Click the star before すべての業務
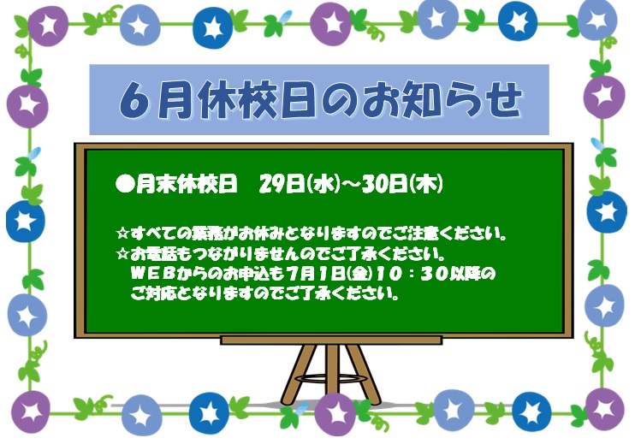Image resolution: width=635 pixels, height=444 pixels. click(122, 234)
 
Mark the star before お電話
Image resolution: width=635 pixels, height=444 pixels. click(122, 254)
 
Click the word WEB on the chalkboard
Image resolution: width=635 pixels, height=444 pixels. click(152, 274)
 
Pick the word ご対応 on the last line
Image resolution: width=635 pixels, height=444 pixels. click(153, 293)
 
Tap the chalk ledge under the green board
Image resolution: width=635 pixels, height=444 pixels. click(331, 340)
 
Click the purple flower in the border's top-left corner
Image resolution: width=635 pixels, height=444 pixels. click(48, 26)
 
